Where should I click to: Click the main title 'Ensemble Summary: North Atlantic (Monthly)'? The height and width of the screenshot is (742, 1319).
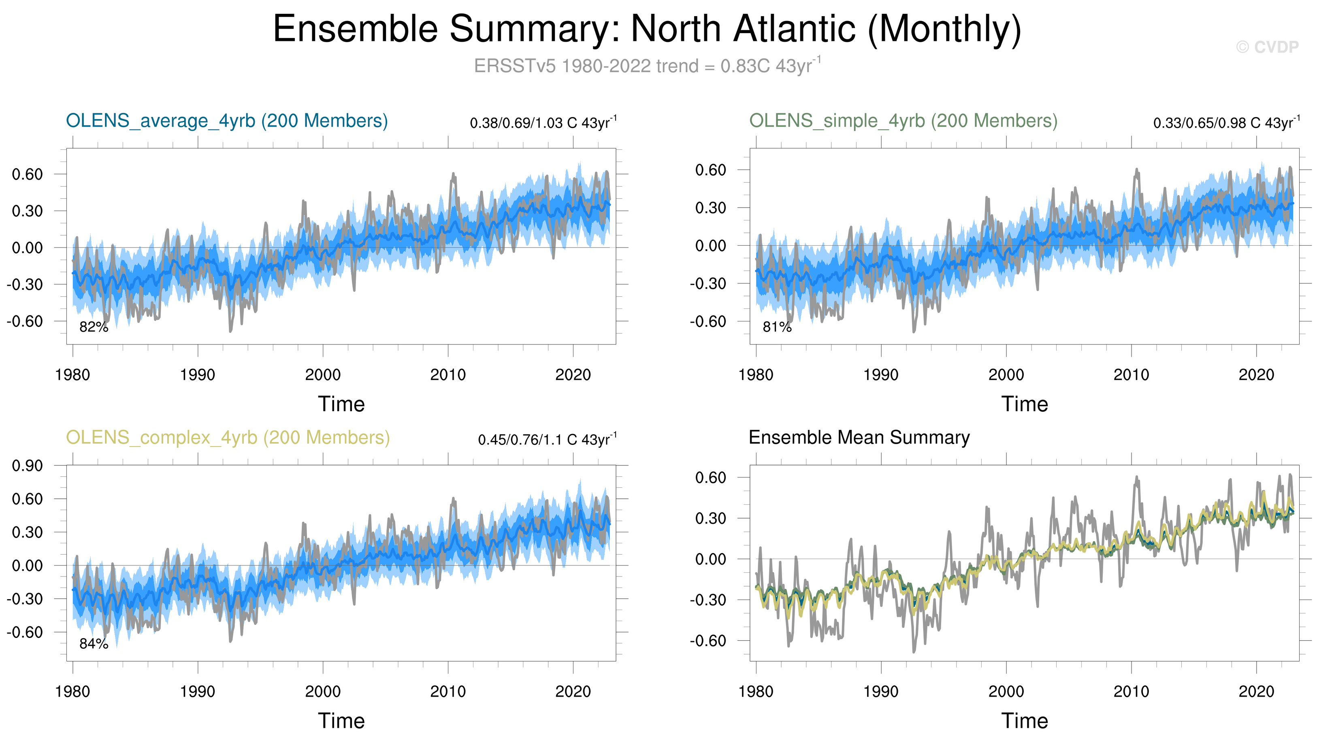tap(647, 29)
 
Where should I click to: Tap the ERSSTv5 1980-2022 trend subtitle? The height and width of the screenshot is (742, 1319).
tap(647, 66)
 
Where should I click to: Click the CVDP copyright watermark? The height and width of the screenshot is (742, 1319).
tap(1267, 47)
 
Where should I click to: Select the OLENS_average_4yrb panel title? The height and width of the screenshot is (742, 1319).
tap(227, 121)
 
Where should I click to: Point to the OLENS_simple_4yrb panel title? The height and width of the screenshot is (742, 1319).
tap(903, 121)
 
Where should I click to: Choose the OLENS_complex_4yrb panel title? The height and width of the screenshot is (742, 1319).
tap(228, 438)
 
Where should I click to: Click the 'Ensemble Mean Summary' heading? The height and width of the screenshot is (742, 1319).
tap(859, 438)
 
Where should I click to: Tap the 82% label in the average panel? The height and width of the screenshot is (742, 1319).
tap(94, 327)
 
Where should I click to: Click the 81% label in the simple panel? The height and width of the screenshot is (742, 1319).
tap(777, 327)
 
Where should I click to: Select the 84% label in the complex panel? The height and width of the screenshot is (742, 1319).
tap(94, 644)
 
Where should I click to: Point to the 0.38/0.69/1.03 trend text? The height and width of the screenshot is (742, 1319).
tap(543, 123)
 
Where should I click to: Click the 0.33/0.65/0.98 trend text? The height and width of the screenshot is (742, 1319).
tap(1226, 123)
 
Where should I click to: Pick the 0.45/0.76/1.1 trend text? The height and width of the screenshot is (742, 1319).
tap(547, 440)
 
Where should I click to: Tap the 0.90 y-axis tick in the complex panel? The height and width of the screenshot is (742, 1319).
tap(28, 466)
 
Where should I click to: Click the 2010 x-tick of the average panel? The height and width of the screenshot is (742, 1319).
tap(448, 375)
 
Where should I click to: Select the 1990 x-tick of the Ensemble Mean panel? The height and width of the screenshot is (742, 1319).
tap(881, 692)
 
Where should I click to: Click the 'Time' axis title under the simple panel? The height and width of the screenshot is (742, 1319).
tap(1025, 404)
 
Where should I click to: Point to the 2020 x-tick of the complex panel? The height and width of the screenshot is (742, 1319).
tap(573, 692)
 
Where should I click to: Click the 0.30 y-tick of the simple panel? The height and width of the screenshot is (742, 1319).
tap(711, 208)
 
